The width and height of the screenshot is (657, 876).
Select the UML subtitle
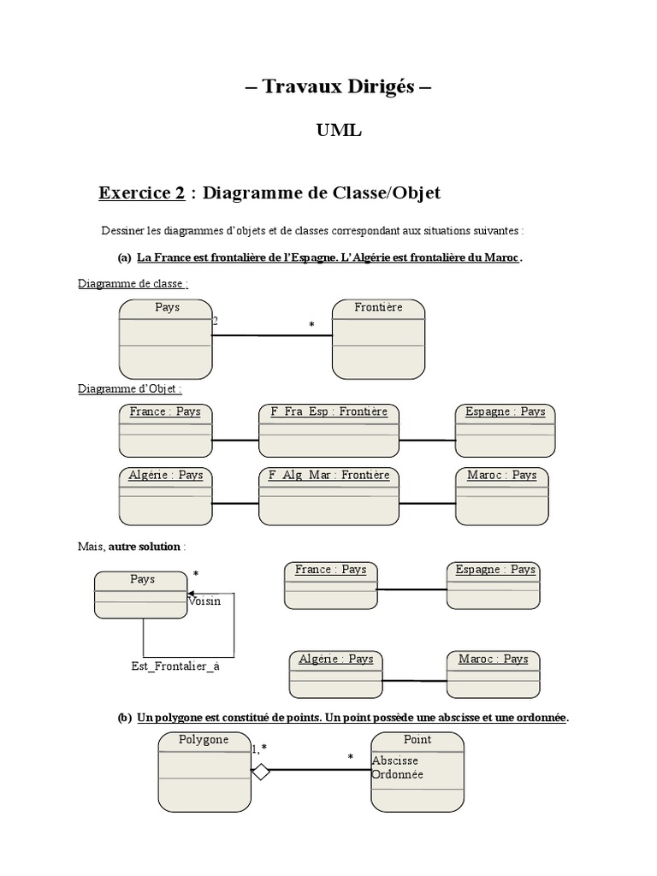pos(340,130)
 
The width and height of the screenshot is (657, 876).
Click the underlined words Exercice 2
pos(142,192)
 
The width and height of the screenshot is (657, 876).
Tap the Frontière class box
pos(378,339)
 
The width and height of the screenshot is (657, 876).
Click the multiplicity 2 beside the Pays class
pos(216,321)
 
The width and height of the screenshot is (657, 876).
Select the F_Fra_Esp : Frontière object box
pos(329,430)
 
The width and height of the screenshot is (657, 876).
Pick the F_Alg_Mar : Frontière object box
pos(329,495)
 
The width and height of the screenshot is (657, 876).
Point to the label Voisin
pos(204,601)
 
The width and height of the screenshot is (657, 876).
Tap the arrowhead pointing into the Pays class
pos(191,594)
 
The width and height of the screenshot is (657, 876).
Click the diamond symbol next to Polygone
pos(261,772)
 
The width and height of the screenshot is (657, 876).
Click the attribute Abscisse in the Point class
pos(395,761)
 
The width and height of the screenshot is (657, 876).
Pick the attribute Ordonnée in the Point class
pos(398,774)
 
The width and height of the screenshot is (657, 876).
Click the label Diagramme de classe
pos(133,283)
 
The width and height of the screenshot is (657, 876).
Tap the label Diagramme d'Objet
pos(130,388)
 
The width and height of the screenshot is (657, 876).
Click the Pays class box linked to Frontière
pos(166,339)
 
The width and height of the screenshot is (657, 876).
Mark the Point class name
pos(417,739)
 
